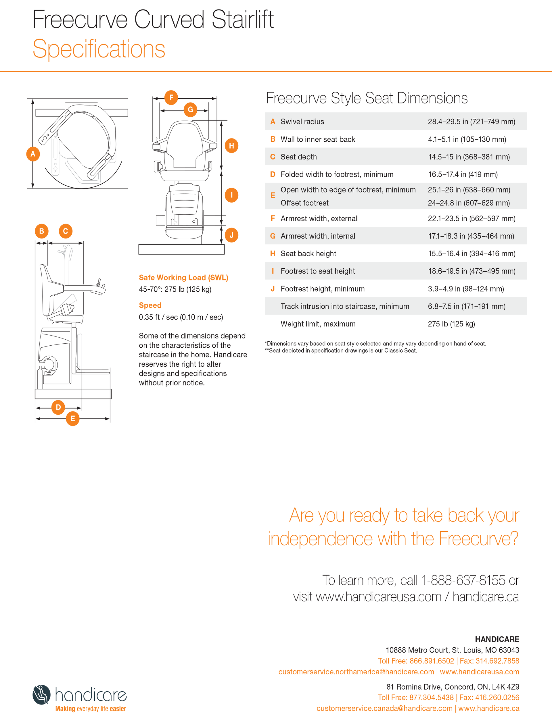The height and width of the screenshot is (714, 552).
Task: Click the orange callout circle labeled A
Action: tap(33, 154)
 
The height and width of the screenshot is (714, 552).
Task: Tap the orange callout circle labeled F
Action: tap(171, 97)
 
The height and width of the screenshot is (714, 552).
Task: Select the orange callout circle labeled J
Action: tap(231, 235)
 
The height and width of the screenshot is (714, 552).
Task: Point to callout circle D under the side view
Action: tap(58, 407)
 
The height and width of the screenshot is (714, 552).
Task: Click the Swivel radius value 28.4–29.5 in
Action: tap(471, 122)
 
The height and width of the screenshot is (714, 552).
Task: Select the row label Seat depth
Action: tap(298, 157)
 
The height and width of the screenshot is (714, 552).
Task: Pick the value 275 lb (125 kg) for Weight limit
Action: tap(451, 324)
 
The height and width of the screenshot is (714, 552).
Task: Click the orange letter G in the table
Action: tap(273, 236)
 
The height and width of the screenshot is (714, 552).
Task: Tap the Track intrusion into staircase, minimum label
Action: tap(344, 306)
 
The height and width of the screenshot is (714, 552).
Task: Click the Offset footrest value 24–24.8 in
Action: tap(469, 203)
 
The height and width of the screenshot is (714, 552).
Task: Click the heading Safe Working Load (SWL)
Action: tap(183, 278)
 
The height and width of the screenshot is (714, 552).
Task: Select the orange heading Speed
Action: tap(150, 305)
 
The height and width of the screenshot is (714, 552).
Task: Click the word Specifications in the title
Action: tap(99, 49)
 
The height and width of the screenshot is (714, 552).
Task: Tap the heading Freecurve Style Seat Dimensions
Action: tap(367, 98)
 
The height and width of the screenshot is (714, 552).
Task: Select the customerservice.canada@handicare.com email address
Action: tap(384, 709)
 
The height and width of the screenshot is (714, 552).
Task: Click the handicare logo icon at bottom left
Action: tap(42, 694)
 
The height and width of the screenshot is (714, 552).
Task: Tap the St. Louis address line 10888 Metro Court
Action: tap(452, 650)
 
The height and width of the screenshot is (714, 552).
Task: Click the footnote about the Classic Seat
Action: tap(341, 351)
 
